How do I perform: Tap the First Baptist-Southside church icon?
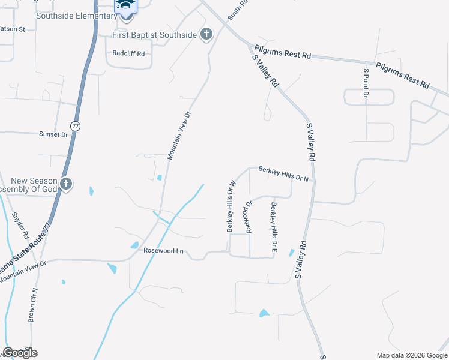click(206, 34)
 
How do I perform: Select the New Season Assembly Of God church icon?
click(66, 184)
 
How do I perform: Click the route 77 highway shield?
click(75, 126)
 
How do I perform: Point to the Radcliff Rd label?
click(129, 53)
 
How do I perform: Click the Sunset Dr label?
click(54, 134)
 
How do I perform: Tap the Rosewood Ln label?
click(163, 251)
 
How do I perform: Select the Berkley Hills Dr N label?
click(283, 173)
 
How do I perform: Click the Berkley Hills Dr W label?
click(230, 206)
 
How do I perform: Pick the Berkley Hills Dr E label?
click(274, 226)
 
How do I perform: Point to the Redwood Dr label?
click(247, 215)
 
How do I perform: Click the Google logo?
click(20, 353)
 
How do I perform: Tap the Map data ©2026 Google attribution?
click(412, 355)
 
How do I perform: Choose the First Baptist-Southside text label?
click(155, 35)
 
